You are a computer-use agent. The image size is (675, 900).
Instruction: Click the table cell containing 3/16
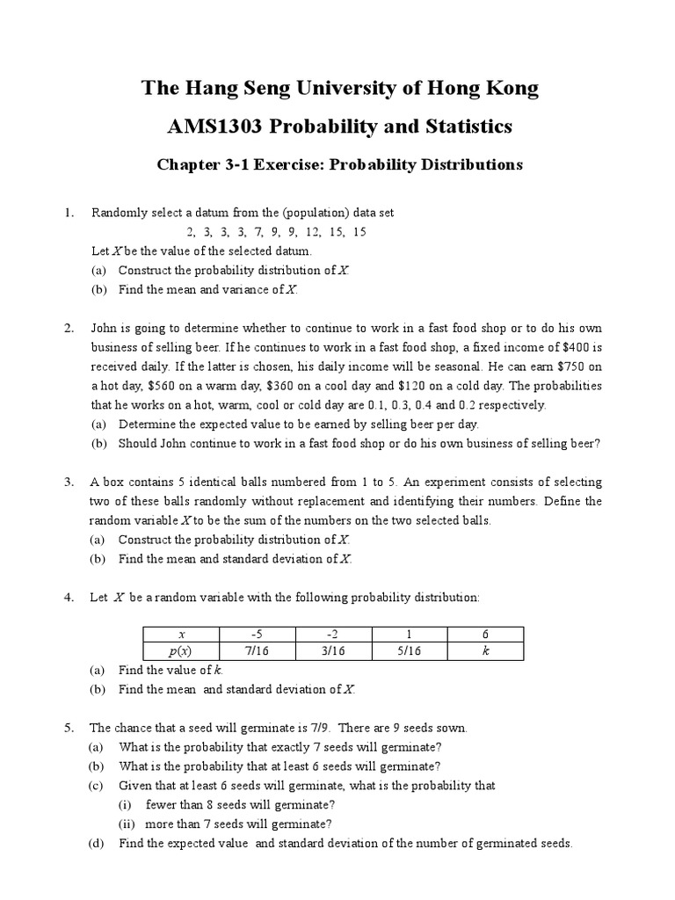click(x=335, y=651)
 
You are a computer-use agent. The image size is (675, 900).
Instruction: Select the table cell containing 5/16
click(x=410, y=651)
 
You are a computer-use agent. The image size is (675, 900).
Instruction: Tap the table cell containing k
click(x=485, y=651)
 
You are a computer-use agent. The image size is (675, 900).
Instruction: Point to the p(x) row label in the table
click(x=182, y=651)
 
